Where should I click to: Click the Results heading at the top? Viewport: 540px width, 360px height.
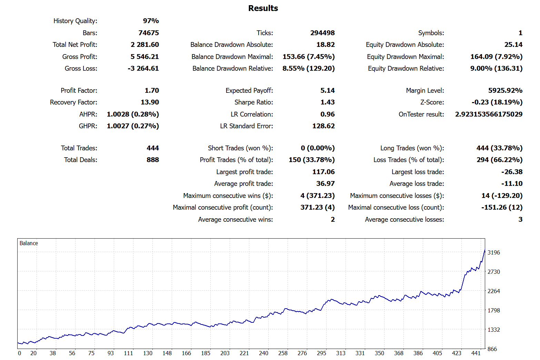pyautogui.click(x=263, y=8)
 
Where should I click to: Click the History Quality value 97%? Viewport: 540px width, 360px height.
pyautogui.click(x=151, y=21)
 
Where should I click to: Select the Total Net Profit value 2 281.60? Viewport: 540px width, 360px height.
pyautogui.click(x=144, y=45)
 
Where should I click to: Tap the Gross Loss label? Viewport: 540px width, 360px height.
pyautogui.click(x=81, y=69)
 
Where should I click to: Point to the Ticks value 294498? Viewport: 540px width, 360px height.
pyautogui.click(x=322, y=33)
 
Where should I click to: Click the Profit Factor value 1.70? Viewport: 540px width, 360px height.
pyautogui.click(x=152, y=91)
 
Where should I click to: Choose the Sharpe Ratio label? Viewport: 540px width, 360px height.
pyautogui.click(x=253, y=102)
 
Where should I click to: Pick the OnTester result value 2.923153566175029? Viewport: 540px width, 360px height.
pyautogui.click(x=488, y=114)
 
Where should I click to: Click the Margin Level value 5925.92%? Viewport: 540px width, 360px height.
pyautogui.click(x=505, y=91)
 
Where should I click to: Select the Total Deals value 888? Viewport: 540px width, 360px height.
pyautogui.click(x=152, y=160)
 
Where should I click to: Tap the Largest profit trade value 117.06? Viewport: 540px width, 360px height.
pyautogui.click(x=323, y=172)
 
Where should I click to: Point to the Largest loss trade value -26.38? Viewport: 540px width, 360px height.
pyautogui.click(x=512, y=172)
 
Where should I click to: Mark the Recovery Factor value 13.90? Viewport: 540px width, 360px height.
pyautogui.click(x=150, y=102)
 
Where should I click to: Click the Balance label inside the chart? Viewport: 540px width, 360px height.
pyautogui.click(x=29, y=243)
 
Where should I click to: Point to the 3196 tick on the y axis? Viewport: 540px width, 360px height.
pyautogui.click(x=493, y=253)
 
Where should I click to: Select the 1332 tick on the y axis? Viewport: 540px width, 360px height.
pyautogui.click(x=493, y=330)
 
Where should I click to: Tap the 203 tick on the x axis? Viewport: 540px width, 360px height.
pyautogui.click(x=225, y=353)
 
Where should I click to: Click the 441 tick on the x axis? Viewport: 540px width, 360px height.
pyautogui.click(x=476, y=353)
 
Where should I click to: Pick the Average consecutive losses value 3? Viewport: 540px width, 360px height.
pyautogui.click(x=520, y=220)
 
